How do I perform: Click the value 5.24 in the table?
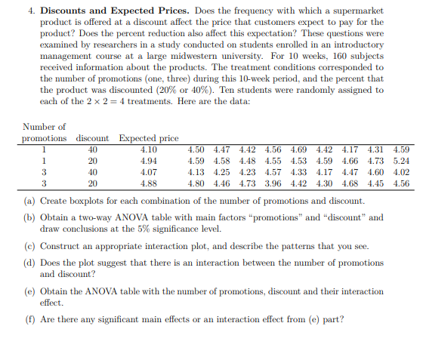tap(400, 161)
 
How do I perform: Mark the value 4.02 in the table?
tap(400, 172)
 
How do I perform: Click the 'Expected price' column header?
tap(149, 138)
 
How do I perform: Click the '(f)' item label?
tap(29, 318)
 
